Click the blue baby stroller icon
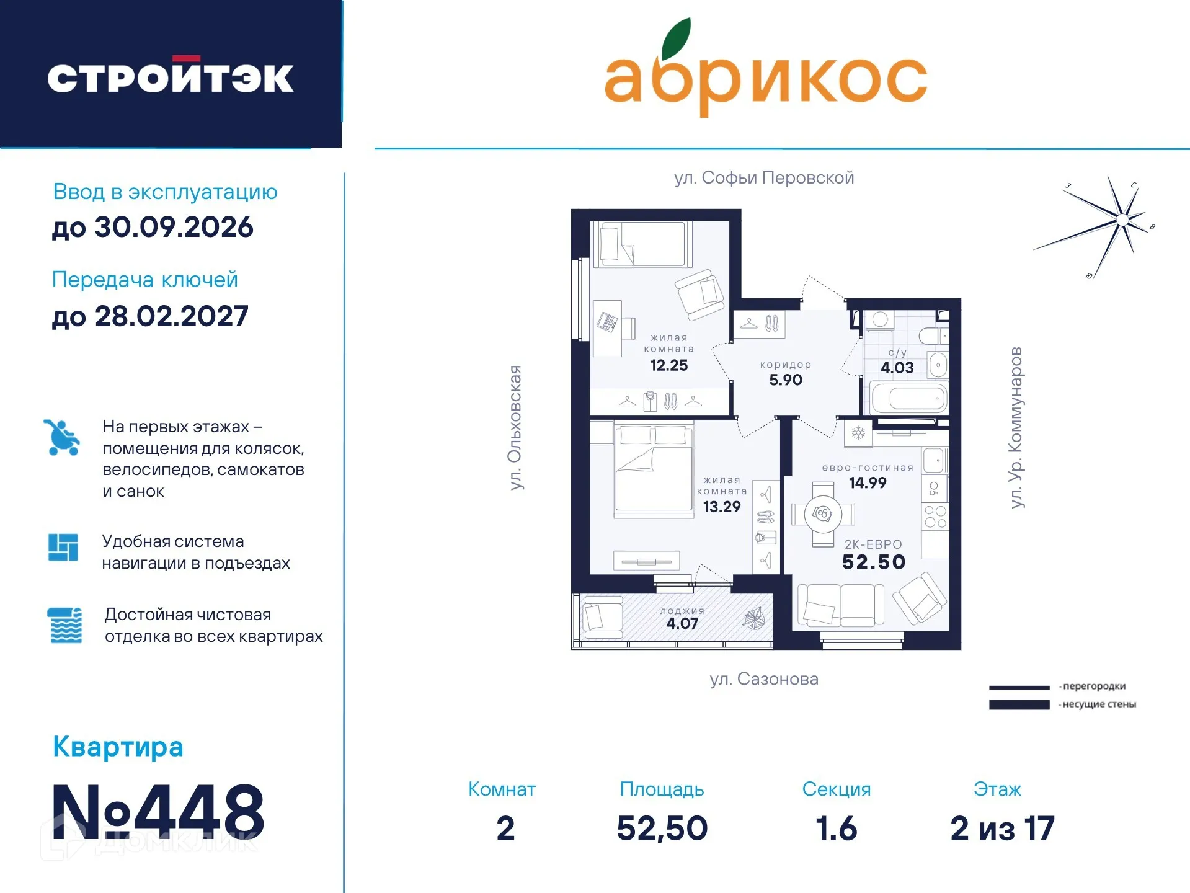[61, 438]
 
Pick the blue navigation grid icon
[63, 548]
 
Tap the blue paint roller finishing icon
[64, 625]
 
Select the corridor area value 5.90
[785, 380]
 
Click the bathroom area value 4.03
[897, 368]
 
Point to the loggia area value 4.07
[682, 624]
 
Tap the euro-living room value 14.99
[867, 483]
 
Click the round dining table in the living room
[823, 514]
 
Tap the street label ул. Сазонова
[764, 679]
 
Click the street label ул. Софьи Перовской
[764, 178]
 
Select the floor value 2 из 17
[1002, 829]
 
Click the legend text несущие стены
[1098, 704]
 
